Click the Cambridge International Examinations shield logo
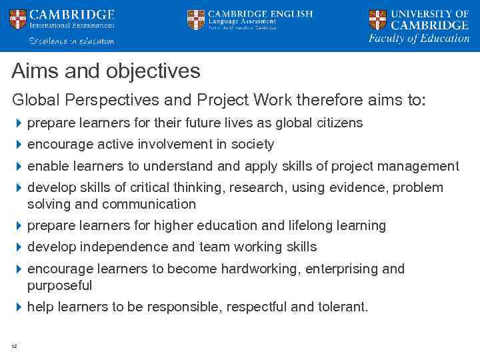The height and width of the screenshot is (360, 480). [x=18, y=20]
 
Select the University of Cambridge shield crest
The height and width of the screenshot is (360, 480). [x=377, y=19]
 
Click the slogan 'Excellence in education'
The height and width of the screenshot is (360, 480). [x=71, y=41]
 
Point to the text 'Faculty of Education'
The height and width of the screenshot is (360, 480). [x=419, y=39]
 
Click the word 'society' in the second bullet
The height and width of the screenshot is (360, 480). [x=251, y=145]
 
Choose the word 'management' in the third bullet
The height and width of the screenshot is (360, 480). [x=422, y=166]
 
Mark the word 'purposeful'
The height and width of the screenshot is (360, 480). [x=59, y=285]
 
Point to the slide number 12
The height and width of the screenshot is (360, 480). [x=14, y=345]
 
